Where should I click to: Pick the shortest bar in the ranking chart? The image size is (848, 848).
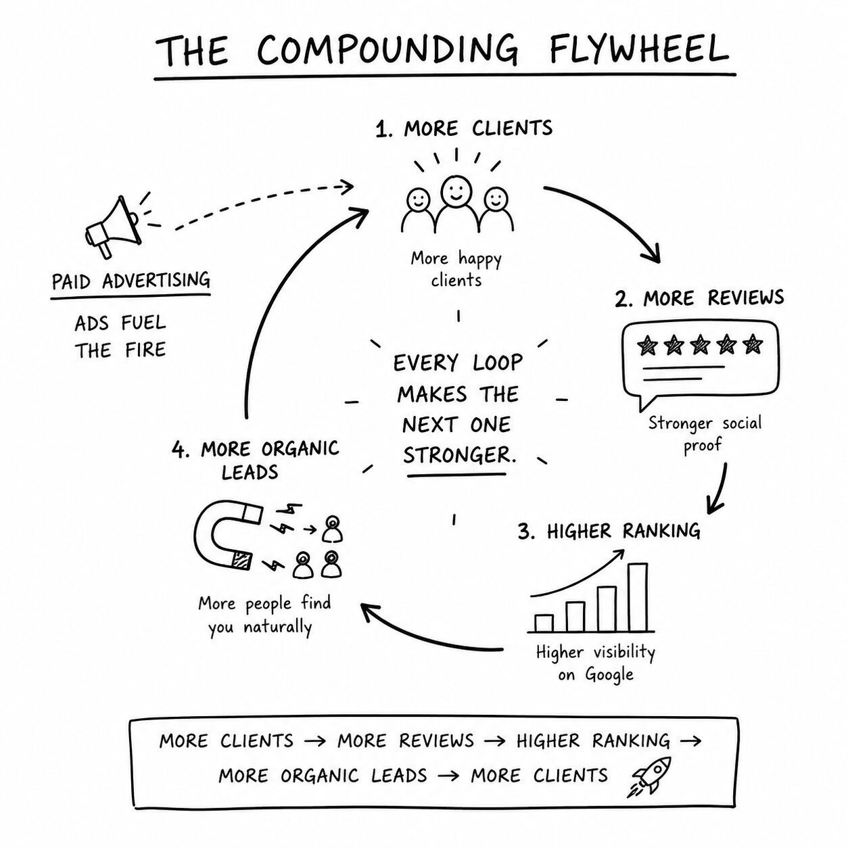click(x=544, y=623)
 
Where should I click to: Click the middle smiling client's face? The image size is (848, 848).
click(x=456, y=189)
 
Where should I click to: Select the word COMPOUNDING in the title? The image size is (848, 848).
click(x=387, y=49)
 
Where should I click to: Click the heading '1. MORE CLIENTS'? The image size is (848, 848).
click(x=464, y=128)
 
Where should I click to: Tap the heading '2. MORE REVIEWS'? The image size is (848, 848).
click(x=699, y=298)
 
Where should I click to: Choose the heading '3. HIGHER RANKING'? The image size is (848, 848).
click(x=609, y=531)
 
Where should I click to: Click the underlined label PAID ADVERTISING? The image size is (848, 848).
click(x=131, y=281)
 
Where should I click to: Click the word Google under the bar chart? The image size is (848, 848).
click(x=609, y=674)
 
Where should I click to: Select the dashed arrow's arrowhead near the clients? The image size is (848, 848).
click(x=348, y=187)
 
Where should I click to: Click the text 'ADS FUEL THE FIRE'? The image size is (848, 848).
click(x=120, y=337)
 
